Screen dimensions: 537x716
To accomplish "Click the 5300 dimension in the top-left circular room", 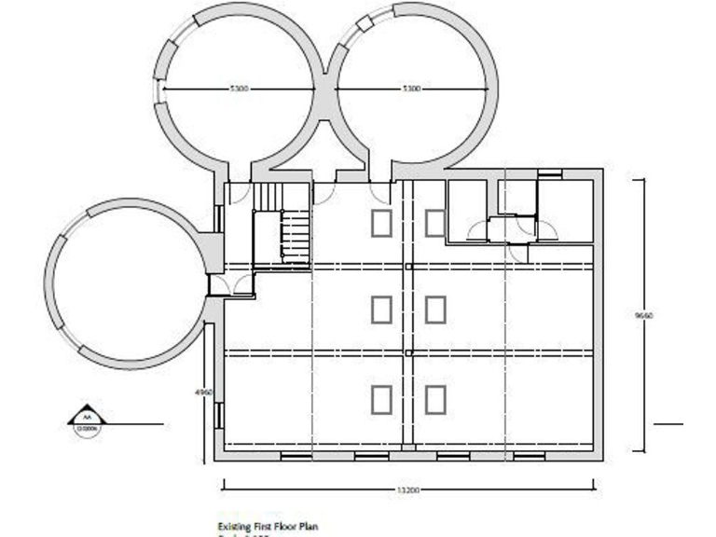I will (x=239, y=89).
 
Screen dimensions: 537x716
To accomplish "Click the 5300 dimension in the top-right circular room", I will (x=411, y=89).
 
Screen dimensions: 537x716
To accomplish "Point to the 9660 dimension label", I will (x=643, y=316).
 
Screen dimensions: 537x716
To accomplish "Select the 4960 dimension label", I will (x=204, y=392).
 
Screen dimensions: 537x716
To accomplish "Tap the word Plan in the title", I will (x=310, y=527).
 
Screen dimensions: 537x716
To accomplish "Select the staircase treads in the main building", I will (x=296, y=238).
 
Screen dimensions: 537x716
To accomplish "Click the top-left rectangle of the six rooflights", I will (x=381, y=224).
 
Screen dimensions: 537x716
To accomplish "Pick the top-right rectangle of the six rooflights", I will (x=435, y=224).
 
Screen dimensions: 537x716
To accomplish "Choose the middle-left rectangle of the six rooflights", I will (x=381, y=310).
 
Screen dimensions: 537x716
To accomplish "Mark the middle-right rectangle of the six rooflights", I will (x=435, y=310).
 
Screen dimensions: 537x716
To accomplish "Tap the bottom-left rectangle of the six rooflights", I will (x=381, y=399).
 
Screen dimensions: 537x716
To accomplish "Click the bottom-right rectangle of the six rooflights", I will (x=435, y=399).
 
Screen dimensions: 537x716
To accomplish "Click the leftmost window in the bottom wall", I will (x=296, y=456).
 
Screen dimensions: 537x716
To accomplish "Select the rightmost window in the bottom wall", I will (x=529, y=456).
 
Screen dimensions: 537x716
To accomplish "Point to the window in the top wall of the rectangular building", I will (x=550, y=173).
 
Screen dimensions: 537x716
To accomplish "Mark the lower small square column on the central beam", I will (x=408, y=353).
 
